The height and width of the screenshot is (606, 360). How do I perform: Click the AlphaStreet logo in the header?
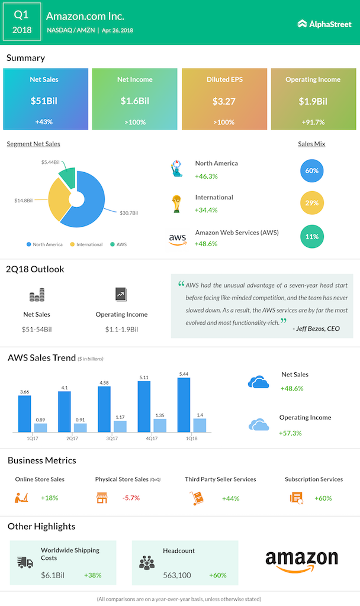[x=324, y=24]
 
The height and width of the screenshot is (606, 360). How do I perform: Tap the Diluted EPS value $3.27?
[x=224, y=101]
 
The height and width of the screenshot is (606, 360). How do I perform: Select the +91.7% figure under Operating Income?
[x=313, y=122]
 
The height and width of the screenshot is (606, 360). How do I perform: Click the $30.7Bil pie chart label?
[x=128, y=213]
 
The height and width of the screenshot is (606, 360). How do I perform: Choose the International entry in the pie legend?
[x=86, y=244]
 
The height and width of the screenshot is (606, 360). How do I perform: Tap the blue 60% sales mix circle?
[x=311, y=170]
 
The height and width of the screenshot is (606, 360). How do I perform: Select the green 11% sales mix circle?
[x=311, y=237]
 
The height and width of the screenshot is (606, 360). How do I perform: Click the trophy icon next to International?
[x=176, y=204]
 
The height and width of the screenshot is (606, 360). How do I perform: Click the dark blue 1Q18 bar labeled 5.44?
[x=184, y=405]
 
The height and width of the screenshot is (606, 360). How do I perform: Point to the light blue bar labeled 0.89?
[x=41, y=427]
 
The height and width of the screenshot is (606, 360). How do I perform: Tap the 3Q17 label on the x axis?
[x=112, y=439]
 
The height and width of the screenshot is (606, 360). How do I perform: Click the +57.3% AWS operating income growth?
[x=290, y=433]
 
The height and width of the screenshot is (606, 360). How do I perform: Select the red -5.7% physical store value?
[x=131, y=498]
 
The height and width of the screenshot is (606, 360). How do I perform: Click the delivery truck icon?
[x=25, y=563]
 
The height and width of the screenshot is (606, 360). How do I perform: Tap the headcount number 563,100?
[x=177, y=575]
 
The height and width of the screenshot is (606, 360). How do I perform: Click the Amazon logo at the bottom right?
[x=301, y=561]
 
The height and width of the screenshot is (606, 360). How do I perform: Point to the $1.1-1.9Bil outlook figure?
[x=121, y=329]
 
